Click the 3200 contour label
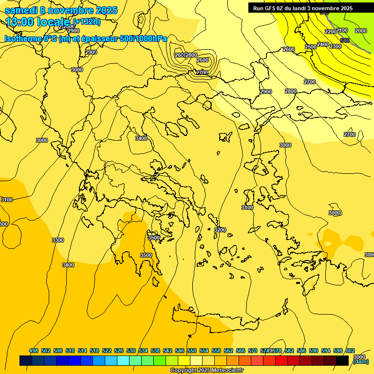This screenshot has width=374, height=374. pyautogui.click(x=220, y=230)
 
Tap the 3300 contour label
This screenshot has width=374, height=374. pyautogui.click(x=58, y=240)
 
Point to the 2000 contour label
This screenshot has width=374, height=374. pyautogui.click(x=361, y=31)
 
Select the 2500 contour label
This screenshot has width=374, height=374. pyautogui.click(x=311, y=47)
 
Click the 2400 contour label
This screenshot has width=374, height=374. pyautogui.click(x=323, y=44)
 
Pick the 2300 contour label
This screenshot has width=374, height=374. pyautogui.click(x=336, y=46)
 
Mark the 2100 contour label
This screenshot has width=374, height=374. pyautogui.click(x=342, y=30)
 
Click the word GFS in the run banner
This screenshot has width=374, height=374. pyautogui.click(x=271, y=8)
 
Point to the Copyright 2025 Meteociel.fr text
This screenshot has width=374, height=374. pyautogui.click(x=206, y=371)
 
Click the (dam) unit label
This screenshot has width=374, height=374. pyautogui.click(x=361, y=361)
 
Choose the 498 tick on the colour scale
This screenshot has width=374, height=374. pyautogui.click(x=34, y=351)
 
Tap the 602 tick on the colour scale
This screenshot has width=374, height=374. pyautogui.click(x=350, y=351)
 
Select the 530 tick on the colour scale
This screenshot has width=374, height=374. pyautogui.click(x=131, y=351)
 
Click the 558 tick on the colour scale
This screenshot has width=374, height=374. pyautogui.click(x=216, y=351)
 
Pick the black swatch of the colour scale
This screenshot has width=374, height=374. pyautogui.click(x=342, y=361)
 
